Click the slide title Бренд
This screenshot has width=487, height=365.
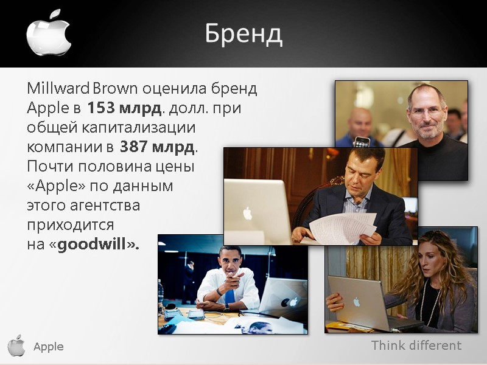coord(243,34)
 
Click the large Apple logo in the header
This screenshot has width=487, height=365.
coord(49,33)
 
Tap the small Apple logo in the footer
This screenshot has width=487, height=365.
coord(16,346)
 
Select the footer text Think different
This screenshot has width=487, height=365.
coord(416,346)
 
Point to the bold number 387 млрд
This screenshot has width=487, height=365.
coord(158,147)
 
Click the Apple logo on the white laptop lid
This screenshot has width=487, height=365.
coord(248,213)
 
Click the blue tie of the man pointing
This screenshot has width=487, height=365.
coord(229,296)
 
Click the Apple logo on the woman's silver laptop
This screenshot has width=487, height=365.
coord(357,302)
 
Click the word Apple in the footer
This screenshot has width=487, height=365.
coord(49,347)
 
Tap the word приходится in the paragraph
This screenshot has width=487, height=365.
coord(71,225)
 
